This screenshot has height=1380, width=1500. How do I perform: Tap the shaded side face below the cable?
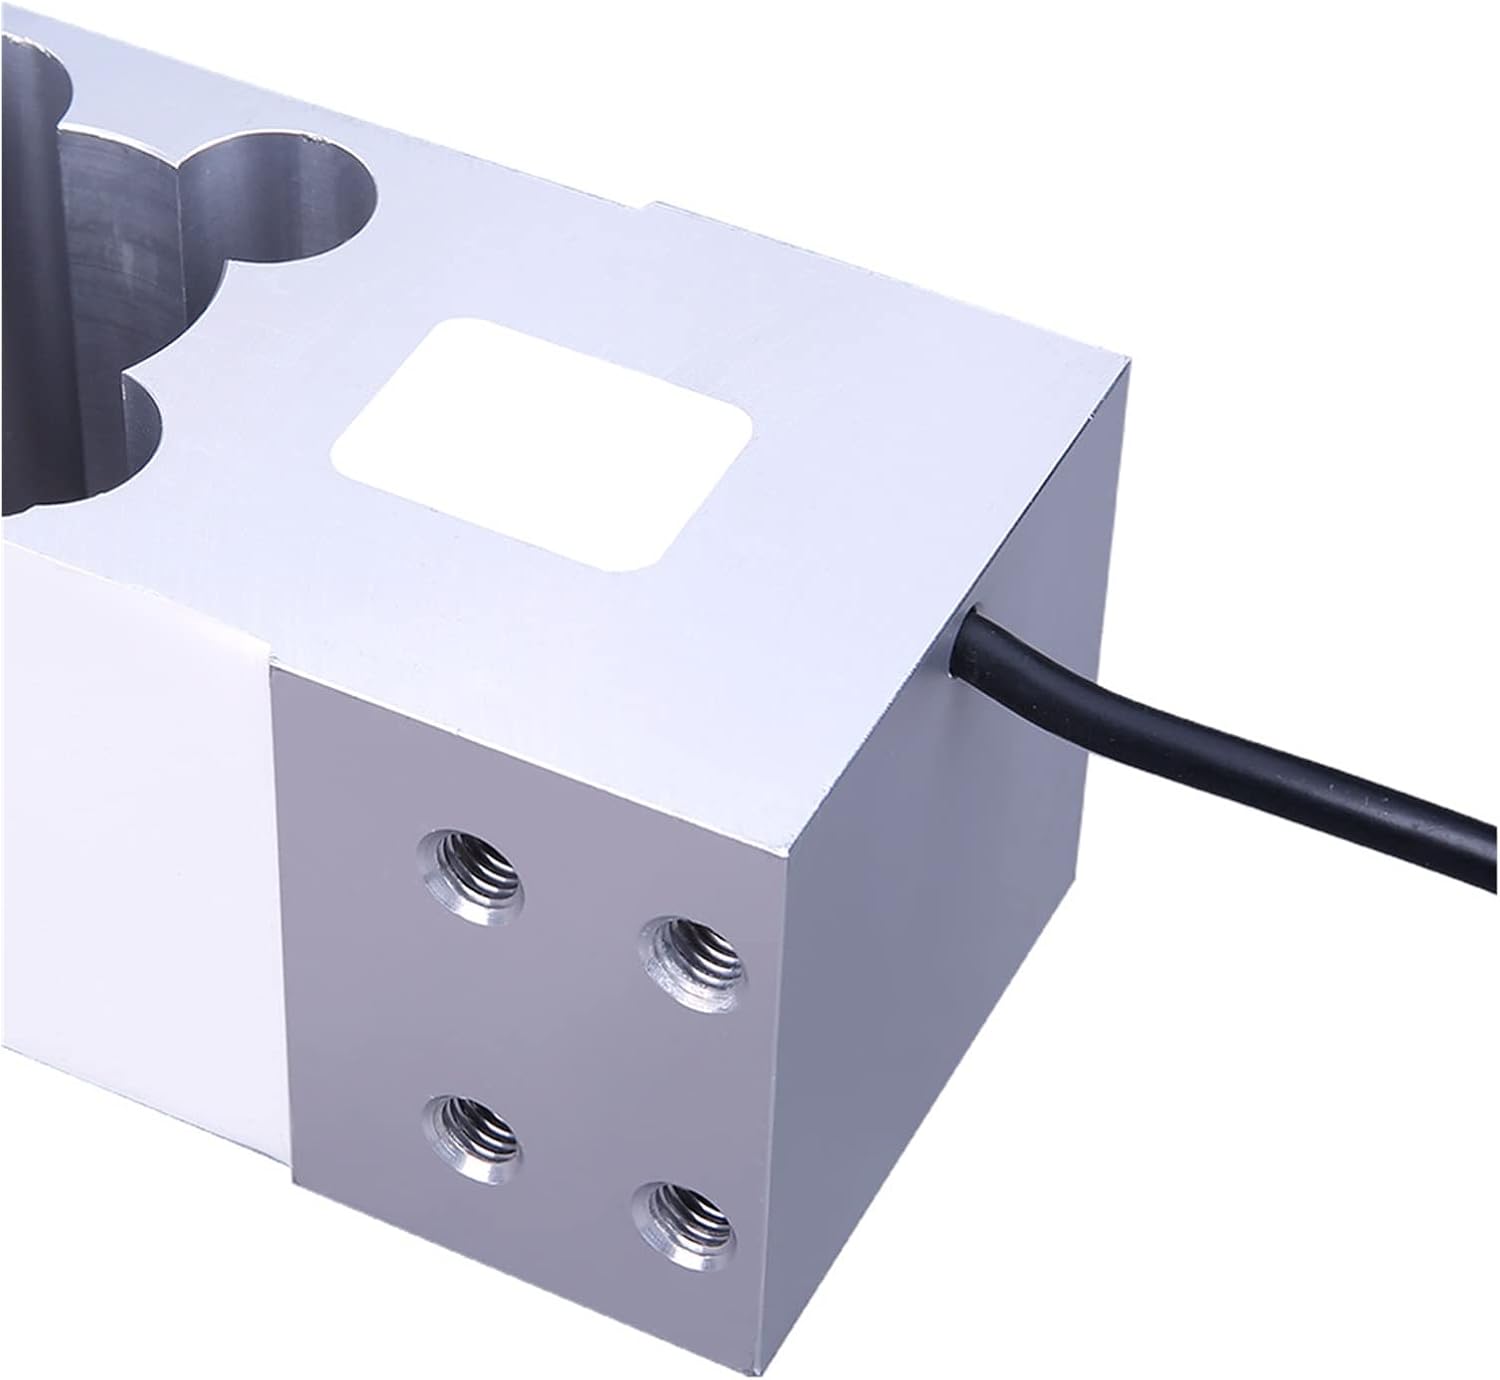(950, 950)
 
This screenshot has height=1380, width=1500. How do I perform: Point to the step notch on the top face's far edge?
(656, 207)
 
